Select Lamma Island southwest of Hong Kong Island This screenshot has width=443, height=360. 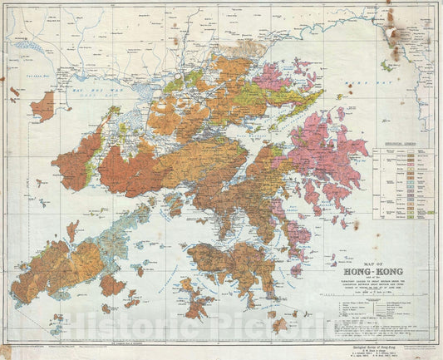coord(196,298)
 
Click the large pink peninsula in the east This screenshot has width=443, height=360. coord(328,158)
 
